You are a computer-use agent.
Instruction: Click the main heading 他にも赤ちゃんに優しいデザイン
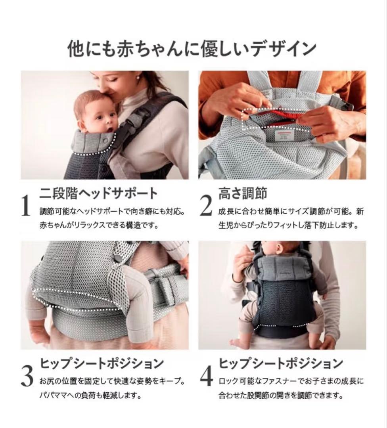coord(193,49)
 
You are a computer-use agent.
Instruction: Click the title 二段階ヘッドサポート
coord(99,193)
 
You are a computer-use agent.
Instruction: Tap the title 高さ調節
coord(242,193)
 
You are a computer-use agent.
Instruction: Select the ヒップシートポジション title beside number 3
coord(102,363)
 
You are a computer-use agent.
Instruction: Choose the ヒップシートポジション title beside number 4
coord(281,363)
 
